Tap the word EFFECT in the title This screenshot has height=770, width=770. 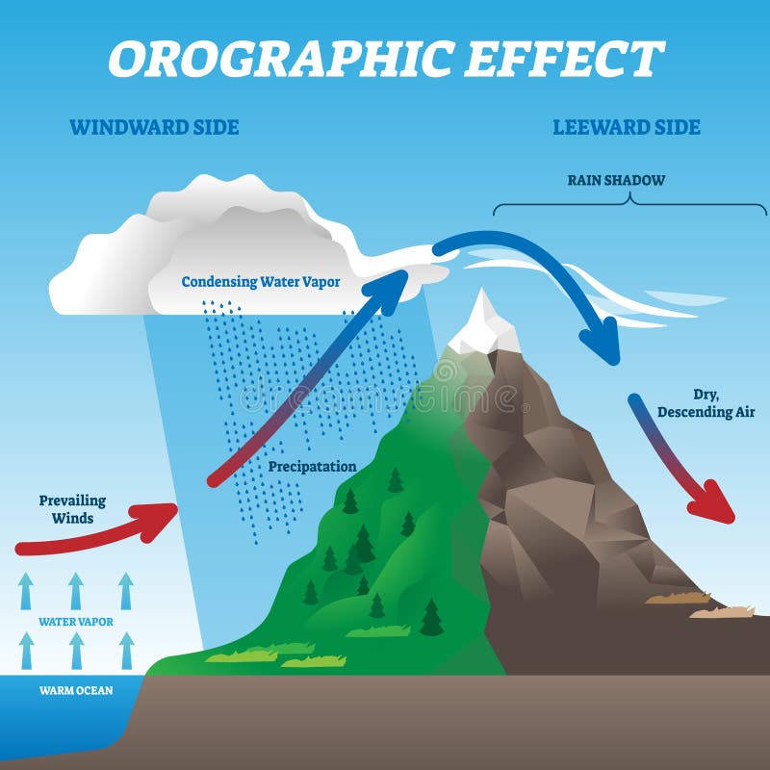click(x=565, y=58)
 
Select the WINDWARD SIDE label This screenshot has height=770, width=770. click(x=154, y=127)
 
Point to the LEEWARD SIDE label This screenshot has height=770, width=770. click(x=627, y=127)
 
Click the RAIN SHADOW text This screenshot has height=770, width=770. click(x=616, y=180)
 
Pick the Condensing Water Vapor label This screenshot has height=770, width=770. click(x=261, y=282)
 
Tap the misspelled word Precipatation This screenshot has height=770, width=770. click(x=312, y=467)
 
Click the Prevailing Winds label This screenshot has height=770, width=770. click(x=73, y=509)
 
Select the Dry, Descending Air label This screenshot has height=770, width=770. click(x=706, y=403)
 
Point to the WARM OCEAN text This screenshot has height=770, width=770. click(x=76, y=690)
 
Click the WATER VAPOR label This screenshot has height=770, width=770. click(x=76, y=622)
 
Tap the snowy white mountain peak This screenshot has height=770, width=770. click(x=483, y=326)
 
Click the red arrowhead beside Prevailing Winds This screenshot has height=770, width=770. click(x=157, y=521)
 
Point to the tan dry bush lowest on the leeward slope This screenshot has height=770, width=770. click(x=722, y=612)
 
